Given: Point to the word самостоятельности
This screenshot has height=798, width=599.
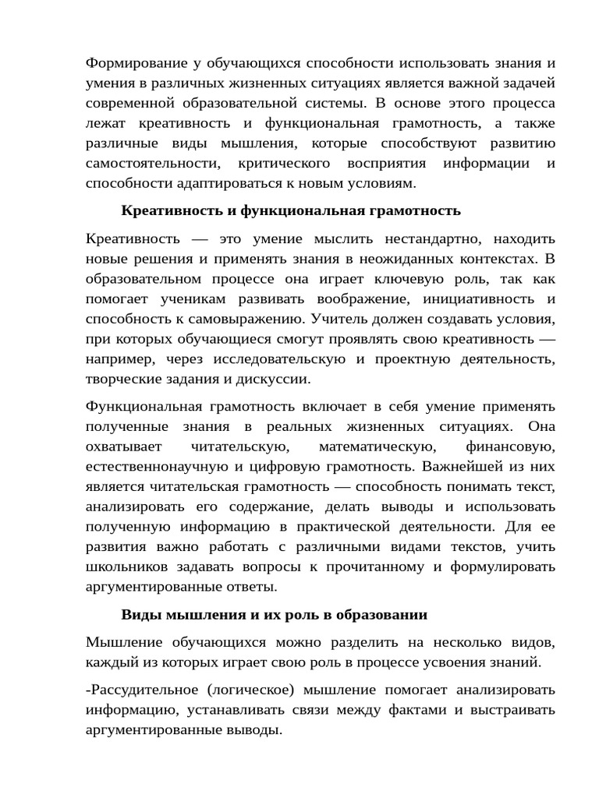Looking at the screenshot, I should point(151,164).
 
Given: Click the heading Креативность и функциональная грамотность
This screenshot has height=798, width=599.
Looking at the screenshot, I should point(291,210).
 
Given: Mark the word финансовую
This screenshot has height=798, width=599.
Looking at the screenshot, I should point(510,447).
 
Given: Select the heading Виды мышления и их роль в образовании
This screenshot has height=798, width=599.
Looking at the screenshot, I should point(274,614).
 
